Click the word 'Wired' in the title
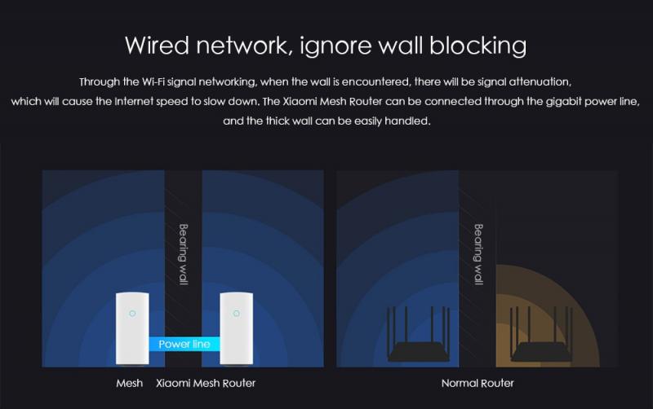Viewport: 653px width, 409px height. (x=158, y=45)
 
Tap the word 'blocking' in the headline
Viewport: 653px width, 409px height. (x=478, y=46)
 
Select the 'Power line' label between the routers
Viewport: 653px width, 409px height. (x=184, y=344)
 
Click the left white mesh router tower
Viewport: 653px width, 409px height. (x=132, y=328)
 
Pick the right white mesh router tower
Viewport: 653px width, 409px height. (x=236, y=328)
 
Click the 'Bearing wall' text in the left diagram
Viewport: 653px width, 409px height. (x=183, y=254)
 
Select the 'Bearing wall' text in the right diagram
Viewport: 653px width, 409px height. (x=478, y=254)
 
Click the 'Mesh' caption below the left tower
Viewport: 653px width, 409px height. (x=130, y=383)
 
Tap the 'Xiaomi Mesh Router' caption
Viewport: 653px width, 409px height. (x=206, y=383)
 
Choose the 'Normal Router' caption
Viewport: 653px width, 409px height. (x=478, y=383)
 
